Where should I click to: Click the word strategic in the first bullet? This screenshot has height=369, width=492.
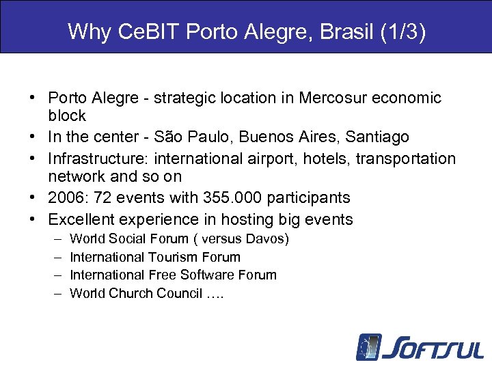184,98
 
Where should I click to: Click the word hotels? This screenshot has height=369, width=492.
296,159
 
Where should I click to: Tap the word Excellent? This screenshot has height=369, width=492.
81,219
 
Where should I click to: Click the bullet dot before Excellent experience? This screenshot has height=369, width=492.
33,219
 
